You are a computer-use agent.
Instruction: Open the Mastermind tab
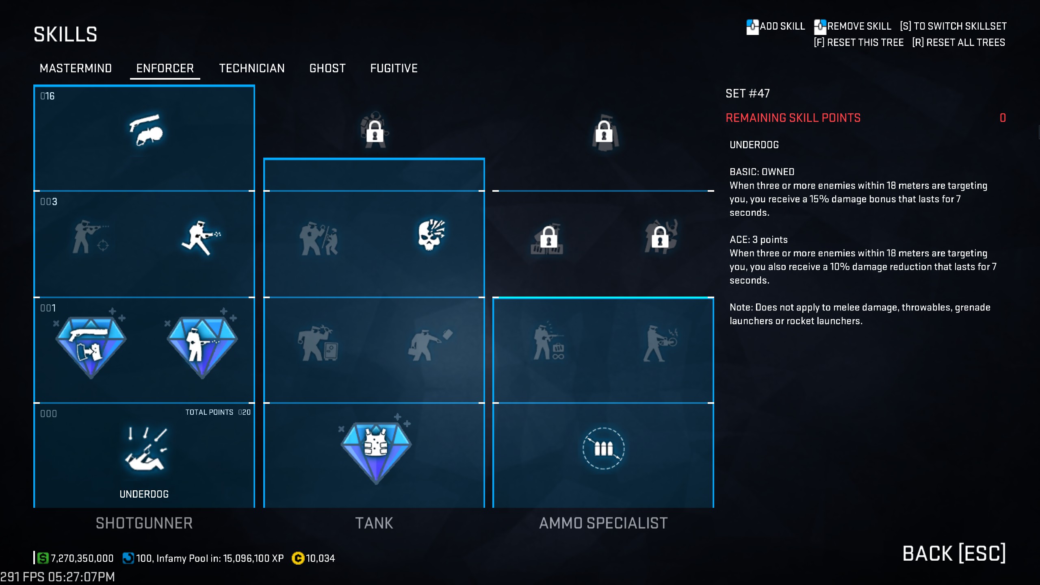coord(76,68)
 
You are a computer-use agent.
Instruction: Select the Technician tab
coord(252,68)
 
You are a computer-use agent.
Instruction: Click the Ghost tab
coord(327,68)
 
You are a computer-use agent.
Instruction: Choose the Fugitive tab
coord(394,68)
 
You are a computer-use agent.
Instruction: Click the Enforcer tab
coord(165,68)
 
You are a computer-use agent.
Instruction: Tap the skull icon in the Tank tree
coord(431,235)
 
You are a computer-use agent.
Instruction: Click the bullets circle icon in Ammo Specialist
coord(603,448)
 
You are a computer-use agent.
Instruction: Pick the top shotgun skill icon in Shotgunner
coord(145,130)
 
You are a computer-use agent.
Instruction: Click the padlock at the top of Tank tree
coord(375,131)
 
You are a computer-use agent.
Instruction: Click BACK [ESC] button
coord(953,553)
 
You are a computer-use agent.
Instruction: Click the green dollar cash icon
coord(43,558)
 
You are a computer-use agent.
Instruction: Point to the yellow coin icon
coord(298,559)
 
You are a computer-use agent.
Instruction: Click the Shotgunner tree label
coord(144,523)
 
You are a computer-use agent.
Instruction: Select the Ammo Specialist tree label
coord(603,523)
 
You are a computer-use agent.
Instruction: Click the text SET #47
coord(747,94)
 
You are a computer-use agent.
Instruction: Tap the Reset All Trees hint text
coord(958,43)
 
